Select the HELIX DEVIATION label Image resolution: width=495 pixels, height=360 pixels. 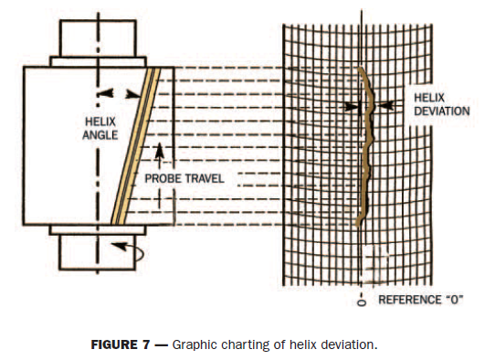pyautogui.click(x=441, y=104)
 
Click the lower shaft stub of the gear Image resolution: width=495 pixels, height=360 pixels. pyautogui.click(x=89, y=249)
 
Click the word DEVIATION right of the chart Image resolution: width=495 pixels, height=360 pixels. pyautogui.click(x=442, y=111)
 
